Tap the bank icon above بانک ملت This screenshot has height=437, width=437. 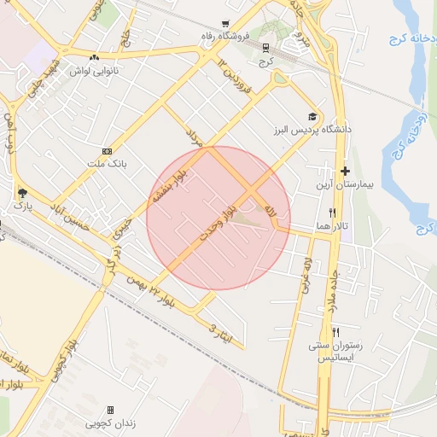(x=107, y=149)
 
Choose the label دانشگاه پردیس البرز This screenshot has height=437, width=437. (x=313, y=130)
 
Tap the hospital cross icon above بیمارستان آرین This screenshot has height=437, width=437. (x=345, y=172)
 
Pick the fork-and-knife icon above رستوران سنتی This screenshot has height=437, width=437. (x=336, y=332)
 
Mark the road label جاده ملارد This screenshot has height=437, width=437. (x=329, y=290)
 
